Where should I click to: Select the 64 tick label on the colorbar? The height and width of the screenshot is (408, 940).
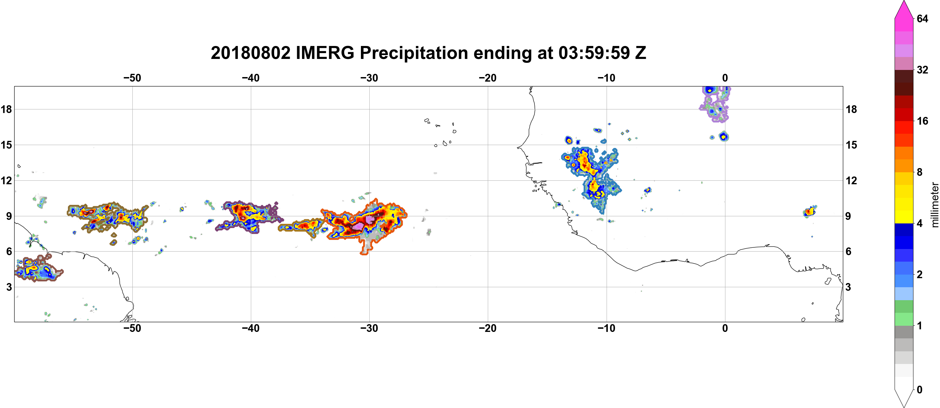pos(923,18)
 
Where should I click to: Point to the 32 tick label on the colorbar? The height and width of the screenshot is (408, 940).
pos(923,70)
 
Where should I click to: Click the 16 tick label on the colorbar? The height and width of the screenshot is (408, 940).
pos(923,121)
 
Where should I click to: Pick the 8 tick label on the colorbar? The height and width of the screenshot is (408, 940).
pos(920,172)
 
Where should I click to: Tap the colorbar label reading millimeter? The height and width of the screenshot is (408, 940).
pos(934,205)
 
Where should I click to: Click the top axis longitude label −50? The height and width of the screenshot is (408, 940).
pos(132,78)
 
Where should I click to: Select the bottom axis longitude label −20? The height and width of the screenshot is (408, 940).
pos(488,328)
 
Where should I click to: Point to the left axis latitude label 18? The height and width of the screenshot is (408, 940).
pos(6,109)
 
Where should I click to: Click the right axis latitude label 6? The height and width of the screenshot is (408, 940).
pos(849,252)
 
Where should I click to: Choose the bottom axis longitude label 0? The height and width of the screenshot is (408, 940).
pos(725,328)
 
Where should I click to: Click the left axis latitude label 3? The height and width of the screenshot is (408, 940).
pos(9,287)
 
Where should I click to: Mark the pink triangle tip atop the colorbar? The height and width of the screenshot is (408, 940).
pos(903,2)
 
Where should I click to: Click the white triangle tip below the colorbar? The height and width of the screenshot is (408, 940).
pos(904,406)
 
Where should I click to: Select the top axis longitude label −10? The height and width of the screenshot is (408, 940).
pos(607,78)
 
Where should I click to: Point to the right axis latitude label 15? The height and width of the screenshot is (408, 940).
pos(851,145)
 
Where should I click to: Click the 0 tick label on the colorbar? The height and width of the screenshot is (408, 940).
pos(920,390)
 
